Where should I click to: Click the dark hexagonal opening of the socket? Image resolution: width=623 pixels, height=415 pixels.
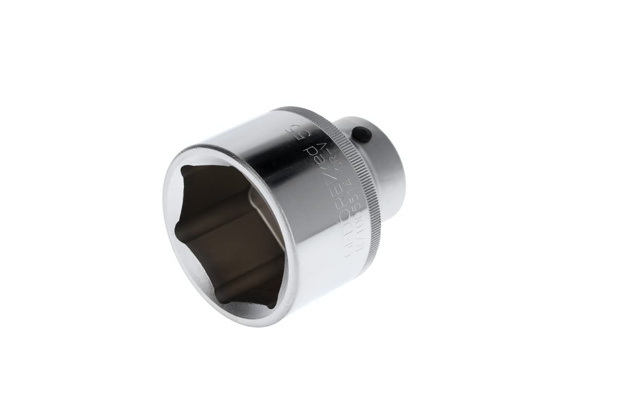229,234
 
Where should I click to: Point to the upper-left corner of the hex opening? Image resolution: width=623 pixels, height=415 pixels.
183,168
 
